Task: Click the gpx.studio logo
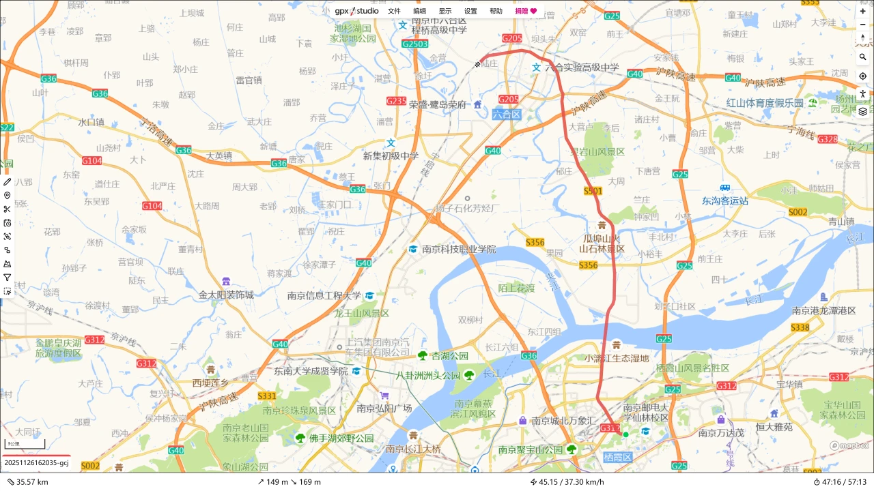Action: click(356, 11)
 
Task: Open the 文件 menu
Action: click(394, 11)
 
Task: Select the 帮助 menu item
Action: click(496, 11)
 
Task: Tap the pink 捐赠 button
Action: click(526, 11)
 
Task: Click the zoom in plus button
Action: click(863, 12)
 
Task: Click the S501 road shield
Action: click(593, 192)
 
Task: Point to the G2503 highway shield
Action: click(414, 44)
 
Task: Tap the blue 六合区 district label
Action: click(507, 115)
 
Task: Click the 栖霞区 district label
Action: click(618, 456)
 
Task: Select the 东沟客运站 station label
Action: click(725, 200)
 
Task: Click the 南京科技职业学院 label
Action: click(459, 250)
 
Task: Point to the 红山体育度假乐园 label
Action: click(765, 103)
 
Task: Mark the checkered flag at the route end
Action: click(478, 65)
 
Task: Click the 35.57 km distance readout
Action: click(27, 482)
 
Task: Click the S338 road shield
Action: click(800, 328)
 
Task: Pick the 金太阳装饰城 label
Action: click(226, 295)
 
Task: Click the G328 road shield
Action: click(827, 139)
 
